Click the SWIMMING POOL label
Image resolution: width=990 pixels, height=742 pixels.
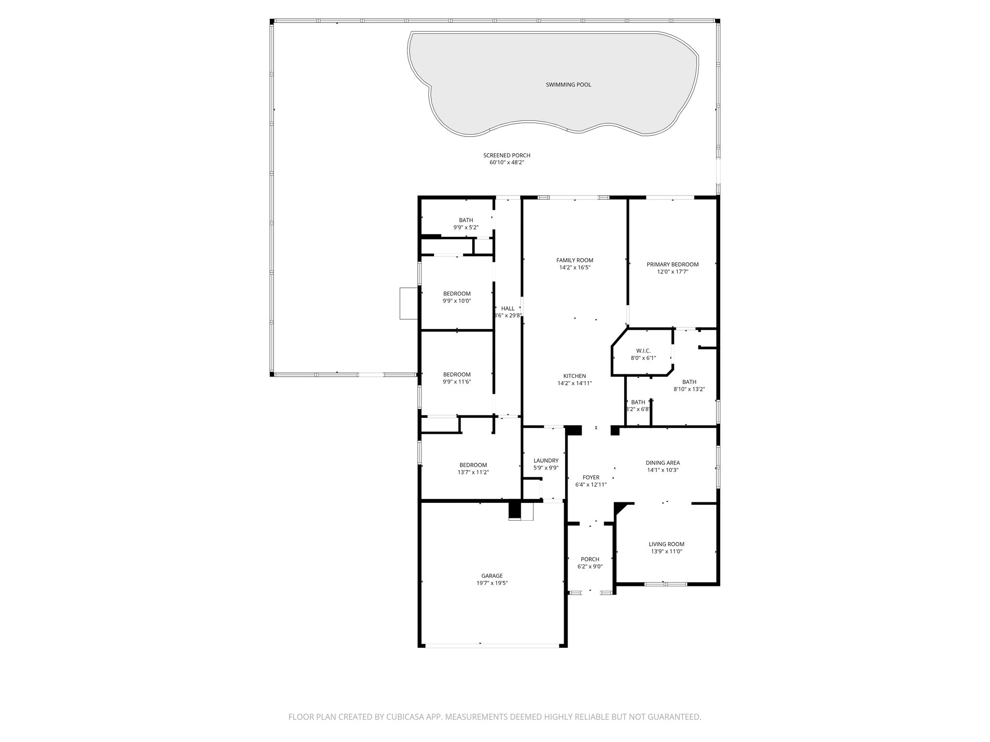point(568,85)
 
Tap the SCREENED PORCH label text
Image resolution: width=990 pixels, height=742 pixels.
point(507,156)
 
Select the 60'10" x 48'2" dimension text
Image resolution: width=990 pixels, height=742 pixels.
point(507,163)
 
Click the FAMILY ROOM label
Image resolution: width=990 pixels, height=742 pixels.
point(574,260)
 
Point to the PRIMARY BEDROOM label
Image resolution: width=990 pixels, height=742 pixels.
point(672,265)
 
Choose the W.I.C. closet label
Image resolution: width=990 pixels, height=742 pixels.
point(643,351)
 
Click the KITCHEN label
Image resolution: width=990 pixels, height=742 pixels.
point(574,376)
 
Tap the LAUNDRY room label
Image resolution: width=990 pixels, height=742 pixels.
point(546,461)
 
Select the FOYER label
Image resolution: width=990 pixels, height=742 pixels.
point(591,477)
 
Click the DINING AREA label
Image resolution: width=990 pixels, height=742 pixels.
point(663,463)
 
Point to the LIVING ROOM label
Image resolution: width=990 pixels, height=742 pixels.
point(666,544)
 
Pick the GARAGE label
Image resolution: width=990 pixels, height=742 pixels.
point(492,576)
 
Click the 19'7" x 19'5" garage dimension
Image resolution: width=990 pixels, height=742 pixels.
point(492,583)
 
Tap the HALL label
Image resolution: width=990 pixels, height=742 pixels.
point(508,309)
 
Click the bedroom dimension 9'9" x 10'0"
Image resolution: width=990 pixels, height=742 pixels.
point(457,301)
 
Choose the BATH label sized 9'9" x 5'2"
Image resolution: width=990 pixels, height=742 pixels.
point(466,220)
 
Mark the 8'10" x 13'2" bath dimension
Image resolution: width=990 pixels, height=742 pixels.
point(689,389)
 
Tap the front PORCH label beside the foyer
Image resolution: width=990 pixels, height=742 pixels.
point(590,559)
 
